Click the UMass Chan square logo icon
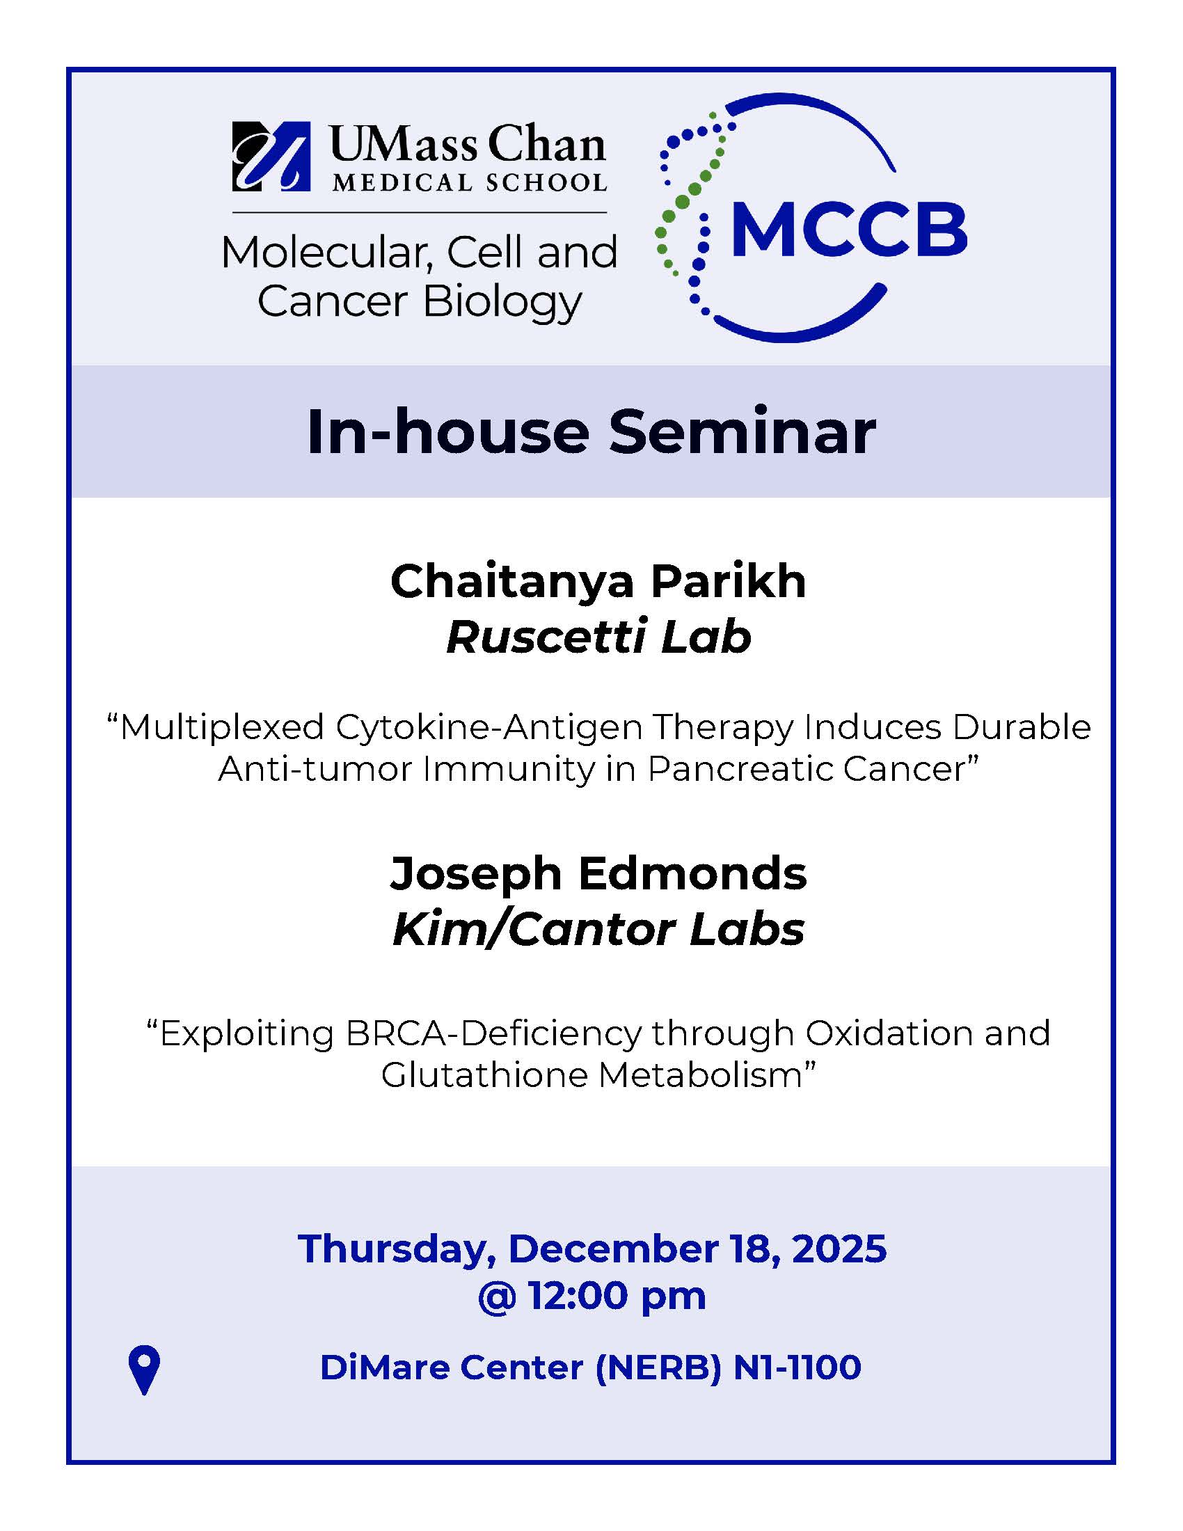pyautogui.click(x=271, y=157)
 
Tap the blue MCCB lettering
pyautogui.click(x=849, y=229)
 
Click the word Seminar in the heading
pyautogui.click(x=743, y=432)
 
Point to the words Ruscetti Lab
pyautogui.click(x=598, y=637)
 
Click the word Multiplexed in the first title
pyautogui.click(x=215, y=727)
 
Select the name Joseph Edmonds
pyautogui.click(x=598, y=874)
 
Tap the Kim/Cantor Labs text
pyautogui.click(x=598, y=930)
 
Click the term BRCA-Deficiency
pyautogui.click(x=493, y=1033)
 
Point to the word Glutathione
pyautogui.click(x=484, y=1074)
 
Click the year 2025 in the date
pyautogui.click(x=840, y=1248)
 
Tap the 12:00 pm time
pyautogui.click(x=617, y=1296)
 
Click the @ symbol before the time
pyautogui.click(x=497, y=1297)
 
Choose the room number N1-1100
pyautogui.click(x=797, y=1367)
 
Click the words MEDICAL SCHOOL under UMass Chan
pyautogui.click(x=470, y=182)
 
